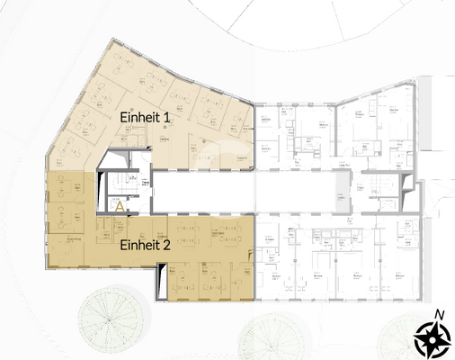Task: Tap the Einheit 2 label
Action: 145,244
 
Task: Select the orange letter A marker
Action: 120,206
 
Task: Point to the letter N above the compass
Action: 439,313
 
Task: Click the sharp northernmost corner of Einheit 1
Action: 111,40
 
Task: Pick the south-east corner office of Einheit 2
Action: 239,283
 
